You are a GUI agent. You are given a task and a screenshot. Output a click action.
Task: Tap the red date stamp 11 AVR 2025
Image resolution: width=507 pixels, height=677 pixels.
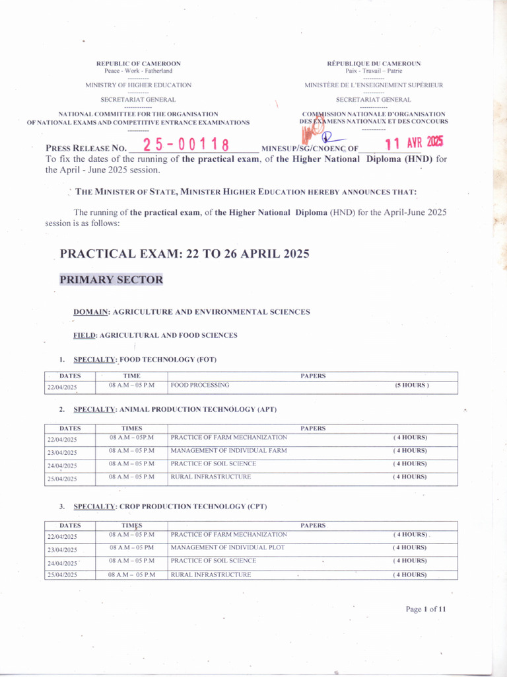point(414,142)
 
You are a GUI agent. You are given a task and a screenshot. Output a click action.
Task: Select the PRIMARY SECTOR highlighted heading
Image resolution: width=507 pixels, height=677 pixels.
point(111,280)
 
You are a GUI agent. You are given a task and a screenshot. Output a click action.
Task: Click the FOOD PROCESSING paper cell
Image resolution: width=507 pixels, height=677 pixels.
point(200,385)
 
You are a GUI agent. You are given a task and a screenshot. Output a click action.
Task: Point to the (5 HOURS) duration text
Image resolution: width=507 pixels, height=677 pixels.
point(412,385)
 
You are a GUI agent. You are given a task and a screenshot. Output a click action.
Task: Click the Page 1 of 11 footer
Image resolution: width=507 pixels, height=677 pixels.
point(426,609)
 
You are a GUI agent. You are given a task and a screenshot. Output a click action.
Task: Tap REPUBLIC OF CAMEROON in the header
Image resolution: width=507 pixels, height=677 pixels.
point(139,63)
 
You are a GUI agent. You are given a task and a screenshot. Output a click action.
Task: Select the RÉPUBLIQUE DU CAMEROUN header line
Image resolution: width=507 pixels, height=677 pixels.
point(374,63)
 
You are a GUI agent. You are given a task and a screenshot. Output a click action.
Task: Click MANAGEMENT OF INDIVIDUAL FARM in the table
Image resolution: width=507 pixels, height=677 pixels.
point(229,450)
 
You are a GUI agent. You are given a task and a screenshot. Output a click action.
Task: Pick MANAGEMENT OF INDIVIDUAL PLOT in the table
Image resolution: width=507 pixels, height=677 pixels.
point(229,547)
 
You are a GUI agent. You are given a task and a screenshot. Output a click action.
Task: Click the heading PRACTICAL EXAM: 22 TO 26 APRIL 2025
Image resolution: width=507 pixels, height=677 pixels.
point(184,254)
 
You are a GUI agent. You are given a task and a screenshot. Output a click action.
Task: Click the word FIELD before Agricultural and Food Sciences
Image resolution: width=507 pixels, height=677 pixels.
point(84,335)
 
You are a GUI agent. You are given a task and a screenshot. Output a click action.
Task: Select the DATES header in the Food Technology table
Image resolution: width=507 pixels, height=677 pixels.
point(70,376)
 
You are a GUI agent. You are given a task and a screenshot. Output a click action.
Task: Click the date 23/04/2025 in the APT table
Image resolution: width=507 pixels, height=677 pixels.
point(62,453)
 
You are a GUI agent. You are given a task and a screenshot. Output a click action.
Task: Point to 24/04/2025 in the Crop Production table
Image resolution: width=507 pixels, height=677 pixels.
point(62,563)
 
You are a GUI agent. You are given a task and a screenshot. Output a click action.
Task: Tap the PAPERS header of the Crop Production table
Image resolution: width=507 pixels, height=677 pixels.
point(313,526)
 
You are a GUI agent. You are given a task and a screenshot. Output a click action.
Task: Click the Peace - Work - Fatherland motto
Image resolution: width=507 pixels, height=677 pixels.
point(139,71)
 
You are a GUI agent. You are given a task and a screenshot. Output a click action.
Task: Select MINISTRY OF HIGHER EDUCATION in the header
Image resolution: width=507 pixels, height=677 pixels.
point(139,85)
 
